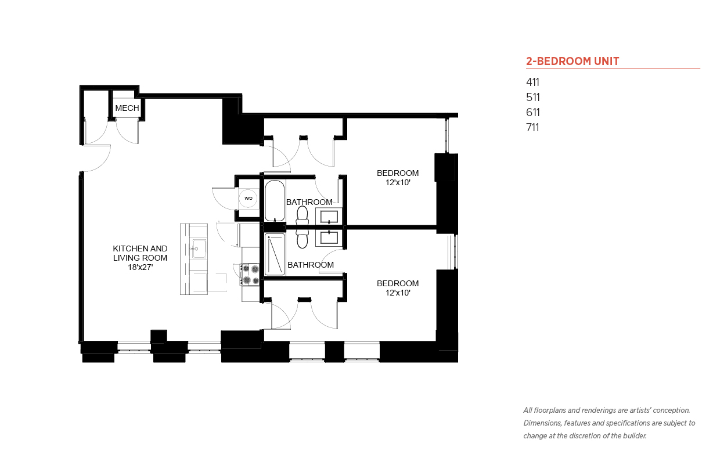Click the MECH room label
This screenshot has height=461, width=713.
coord(127,108)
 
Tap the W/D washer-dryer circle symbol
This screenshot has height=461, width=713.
coord(249,199)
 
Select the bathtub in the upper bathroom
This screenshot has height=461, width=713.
coord(275,200)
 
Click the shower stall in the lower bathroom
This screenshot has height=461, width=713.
coord(275,254)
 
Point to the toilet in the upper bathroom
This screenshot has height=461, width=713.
coord(302,217)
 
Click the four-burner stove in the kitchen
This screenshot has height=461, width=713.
coord(250,275)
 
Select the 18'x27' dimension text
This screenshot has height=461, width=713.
coord(141,267)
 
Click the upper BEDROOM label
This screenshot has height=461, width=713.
coord(398,173)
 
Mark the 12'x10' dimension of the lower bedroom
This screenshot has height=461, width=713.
coord(398,293)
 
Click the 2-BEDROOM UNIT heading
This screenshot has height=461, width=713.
coord(572,61)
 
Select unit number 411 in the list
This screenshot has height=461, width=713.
coord(532,82)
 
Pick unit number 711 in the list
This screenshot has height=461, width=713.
coord(532,127)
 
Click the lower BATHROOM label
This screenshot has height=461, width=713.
coord(311,265)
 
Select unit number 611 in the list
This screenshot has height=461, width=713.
coord(532,113)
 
